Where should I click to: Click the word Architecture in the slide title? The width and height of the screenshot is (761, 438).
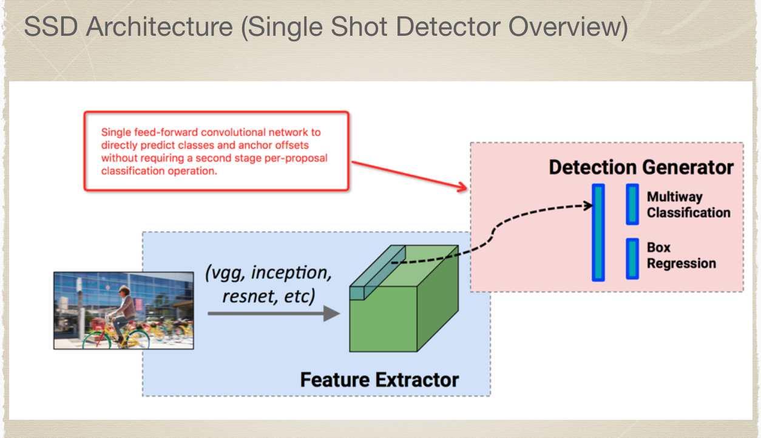[160, 27]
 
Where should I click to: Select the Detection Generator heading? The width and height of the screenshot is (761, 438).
[641, 167]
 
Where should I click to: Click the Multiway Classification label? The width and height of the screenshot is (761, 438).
[688, 204]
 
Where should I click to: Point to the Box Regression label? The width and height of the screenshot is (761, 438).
[681, 255]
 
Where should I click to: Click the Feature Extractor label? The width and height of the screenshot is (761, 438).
[379, 380]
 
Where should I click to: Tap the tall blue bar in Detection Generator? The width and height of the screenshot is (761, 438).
[598, 232]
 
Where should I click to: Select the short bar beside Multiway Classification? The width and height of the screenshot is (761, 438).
[632, 204]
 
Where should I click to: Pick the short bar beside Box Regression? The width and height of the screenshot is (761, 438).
[632, 259]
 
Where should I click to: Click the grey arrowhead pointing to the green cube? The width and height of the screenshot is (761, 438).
[331, 314]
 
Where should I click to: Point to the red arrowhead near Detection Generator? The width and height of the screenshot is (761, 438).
[462, 186]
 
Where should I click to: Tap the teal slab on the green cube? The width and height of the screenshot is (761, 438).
[377, 272]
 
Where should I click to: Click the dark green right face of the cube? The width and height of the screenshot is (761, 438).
[438, 298]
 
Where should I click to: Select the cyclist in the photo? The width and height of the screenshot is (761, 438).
[123, 311]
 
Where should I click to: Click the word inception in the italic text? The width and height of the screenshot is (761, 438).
[291, 273]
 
